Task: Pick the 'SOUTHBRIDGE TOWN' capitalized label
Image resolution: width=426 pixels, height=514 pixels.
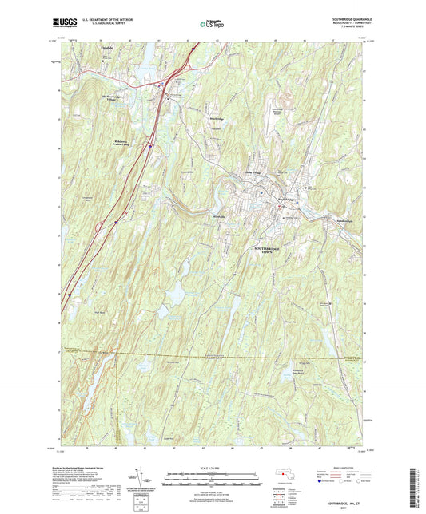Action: pos(273,251)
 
